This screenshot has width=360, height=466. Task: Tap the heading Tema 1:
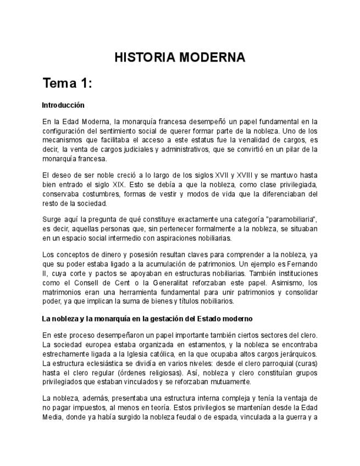67,84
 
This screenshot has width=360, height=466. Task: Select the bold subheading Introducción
63,104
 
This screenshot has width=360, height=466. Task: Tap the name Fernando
302,264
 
